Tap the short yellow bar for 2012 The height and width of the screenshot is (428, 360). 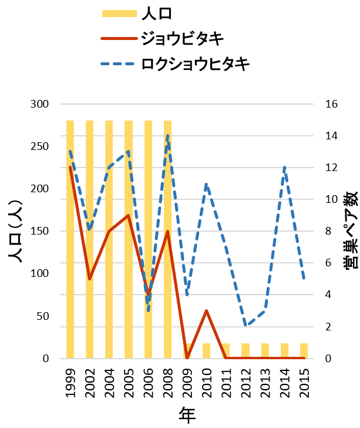pos(245,351)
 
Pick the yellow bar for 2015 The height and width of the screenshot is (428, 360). pos(304,351)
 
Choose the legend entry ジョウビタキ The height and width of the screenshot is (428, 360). pos(182,39)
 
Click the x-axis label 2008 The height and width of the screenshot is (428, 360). pos(167,383)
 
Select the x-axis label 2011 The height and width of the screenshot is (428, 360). pos(226,383)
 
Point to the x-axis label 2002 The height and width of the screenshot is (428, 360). pos(90,383)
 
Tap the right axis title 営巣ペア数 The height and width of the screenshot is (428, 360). pos(351,231)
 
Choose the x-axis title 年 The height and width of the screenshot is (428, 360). pos(187,415)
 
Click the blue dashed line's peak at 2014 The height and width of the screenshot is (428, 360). pos(284,168)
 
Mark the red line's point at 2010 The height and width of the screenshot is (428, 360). pos(206,310)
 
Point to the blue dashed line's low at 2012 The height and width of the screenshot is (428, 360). pos(245,326)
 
